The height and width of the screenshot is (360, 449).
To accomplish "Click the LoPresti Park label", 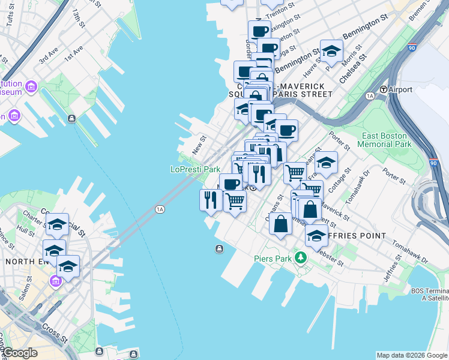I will [x=195, y=170].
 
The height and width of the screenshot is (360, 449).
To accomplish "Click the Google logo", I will [x=20, y=353].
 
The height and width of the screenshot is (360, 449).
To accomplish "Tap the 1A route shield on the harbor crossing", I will [x=159, y=209].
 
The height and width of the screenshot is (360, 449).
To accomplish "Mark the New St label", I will [x=198, y=144].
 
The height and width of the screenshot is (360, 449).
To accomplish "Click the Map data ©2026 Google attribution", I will [x=411, y=355].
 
